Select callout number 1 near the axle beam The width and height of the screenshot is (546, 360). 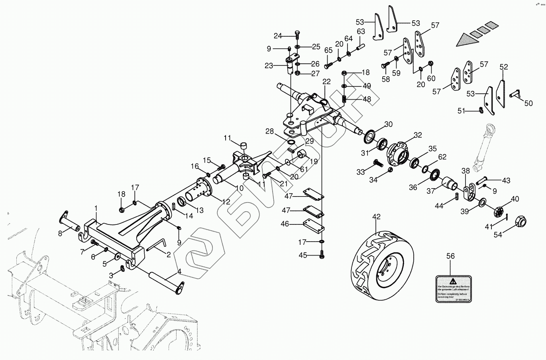pos(96,209)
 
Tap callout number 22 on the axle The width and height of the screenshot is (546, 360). pos(326,82)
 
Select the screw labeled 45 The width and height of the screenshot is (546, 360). pos(322,255)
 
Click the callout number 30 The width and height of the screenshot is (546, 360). pos(388,124)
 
